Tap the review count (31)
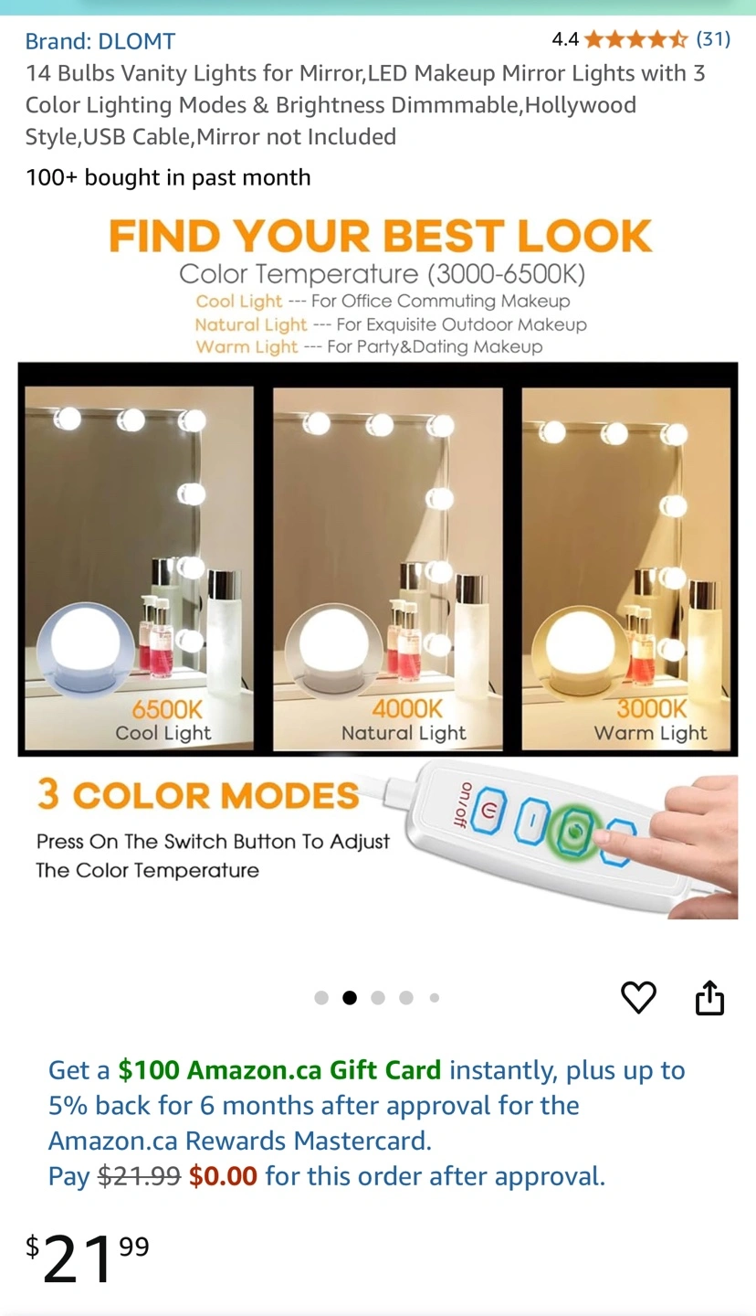[713, 39]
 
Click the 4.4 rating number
[565, 39]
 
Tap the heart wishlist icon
[638, 997]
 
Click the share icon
[709, 997]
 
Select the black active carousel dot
[350, 998]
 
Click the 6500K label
[167, 710]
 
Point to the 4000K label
[407, 709]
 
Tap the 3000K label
[651, 708]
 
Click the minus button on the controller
[530, 819]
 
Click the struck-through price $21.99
[139, 1176]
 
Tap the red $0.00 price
[223, 1176]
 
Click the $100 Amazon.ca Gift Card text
[279, 1070]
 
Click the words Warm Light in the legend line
[247, 346]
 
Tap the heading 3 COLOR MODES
[198, 795]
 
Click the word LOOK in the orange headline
[584, 236]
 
